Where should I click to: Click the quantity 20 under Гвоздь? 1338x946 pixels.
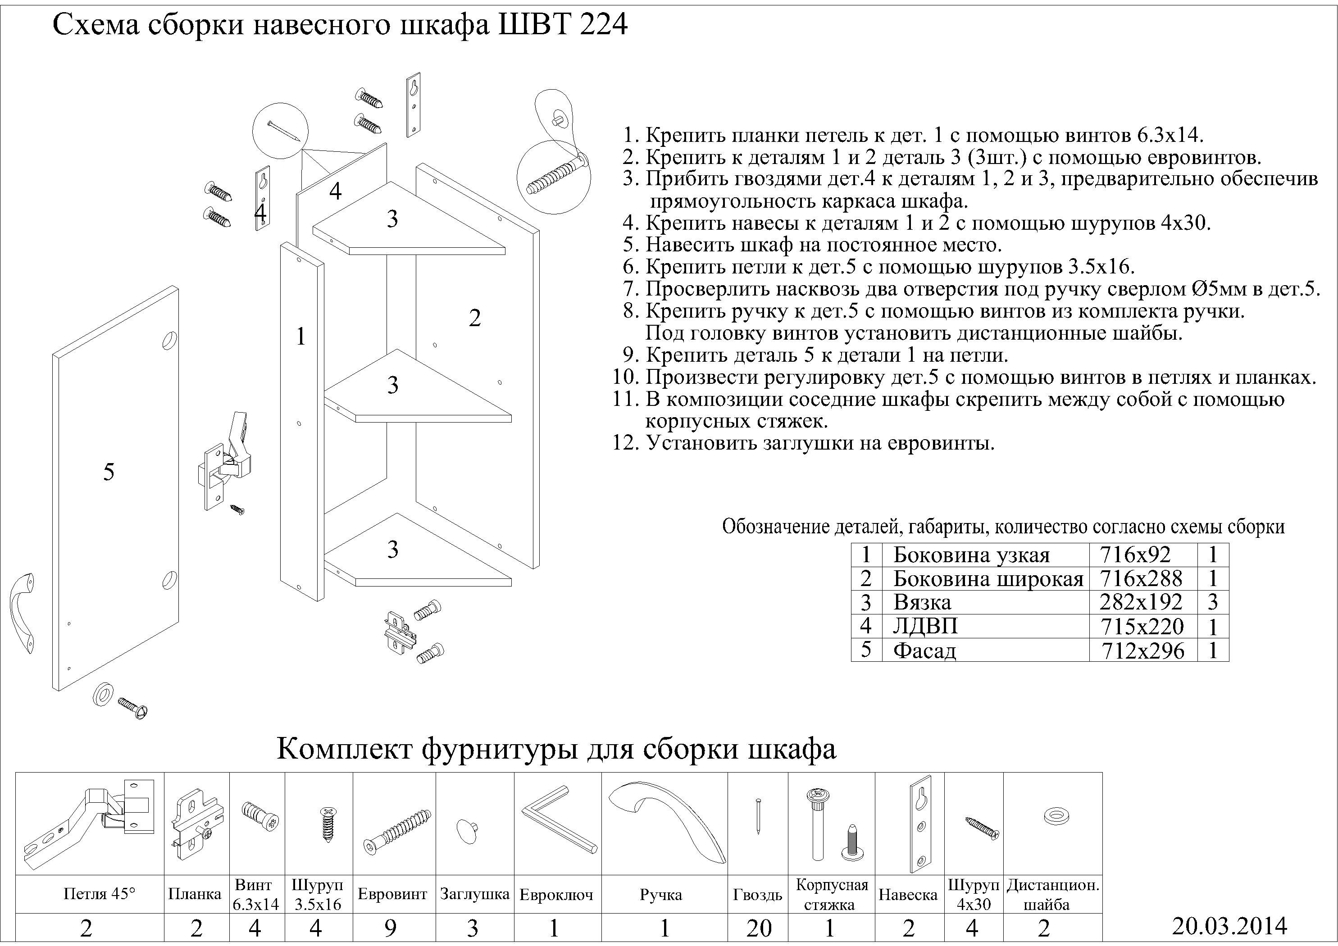pyautogui.click(x=758, y=928)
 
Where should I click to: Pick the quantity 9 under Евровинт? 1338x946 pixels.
pyautogui.click(x=391, y=928)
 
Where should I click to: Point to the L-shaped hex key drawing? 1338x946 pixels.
pyautogui.click(x=558, y=819)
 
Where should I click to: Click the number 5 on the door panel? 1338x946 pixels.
pyautogui.click(x=109, y=472)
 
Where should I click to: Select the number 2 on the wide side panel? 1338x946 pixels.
pyautogui.click(x=474, y=318)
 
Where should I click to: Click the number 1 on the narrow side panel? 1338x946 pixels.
pyautogui.click(x=300, y=337)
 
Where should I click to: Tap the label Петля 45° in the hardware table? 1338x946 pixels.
pyautogui.click(x=99, y=894)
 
